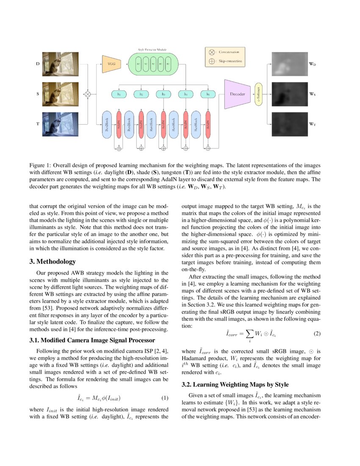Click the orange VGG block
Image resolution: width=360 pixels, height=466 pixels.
[111, 64]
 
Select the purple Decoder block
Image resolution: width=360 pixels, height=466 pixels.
[238, 94]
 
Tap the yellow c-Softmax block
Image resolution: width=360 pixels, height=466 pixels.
[259, 94]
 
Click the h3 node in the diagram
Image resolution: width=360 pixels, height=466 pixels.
[163, 94]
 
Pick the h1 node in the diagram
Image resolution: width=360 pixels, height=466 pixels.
[119, 94]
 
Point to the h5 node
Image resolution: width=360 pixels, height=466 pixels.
[208, 94]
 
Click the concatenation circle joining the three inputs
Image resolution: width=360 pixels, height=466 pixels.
[88, 94]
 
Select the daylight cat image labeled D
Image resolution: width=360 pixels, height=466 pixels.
[61, 64]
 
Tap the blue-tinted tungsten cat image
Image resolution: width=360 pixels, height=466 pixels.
[61, 124]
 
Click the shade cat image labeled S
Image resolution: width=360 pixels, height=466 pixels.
[61, 94]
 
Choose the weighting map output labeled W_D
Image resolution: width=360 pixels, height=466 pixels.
[288, 64]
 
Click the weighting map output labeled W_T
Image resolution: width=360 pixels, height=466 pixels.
[288, 124]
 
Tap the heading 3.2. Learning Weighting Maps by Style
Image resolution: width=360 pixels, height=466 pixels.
[235, 385]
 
